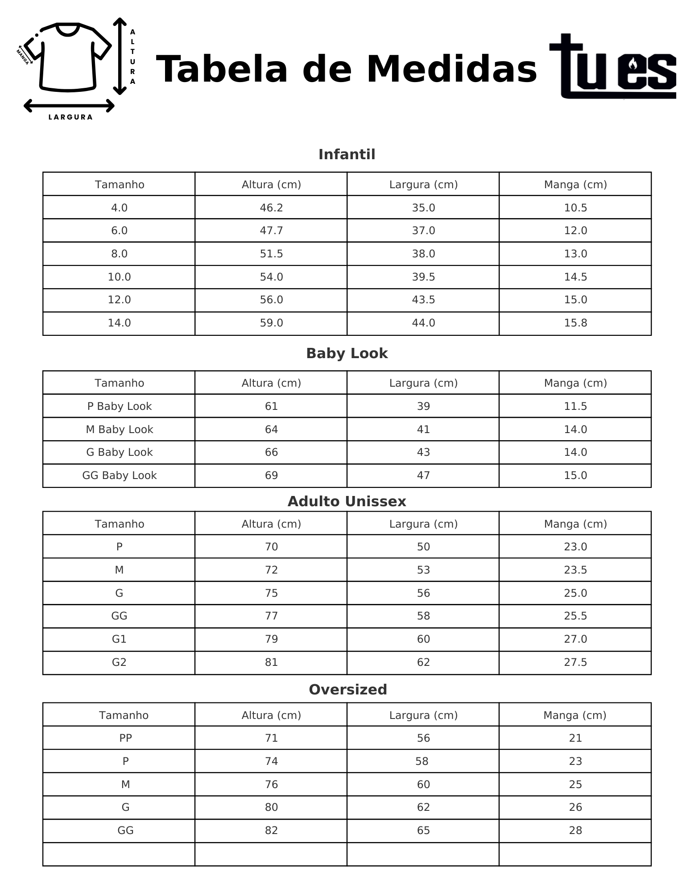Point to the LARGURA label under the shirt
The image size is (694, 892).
click(x=70, y=117)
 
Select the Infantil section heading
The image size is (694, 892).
click(x=347, y=155)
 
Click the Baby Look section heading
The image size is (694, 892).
click(x=347, y=353)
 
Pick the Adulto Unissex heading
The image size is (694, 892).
click(x=347, y=501)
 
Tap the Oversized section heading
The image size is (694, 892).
click(x=347, y=690)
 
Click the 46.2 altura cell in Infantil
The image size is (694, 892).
click(x=271, y=208)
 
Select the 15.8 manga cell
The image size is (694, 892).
click(x=575, y=323)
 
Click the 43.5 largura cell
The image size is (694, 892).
click(x=423, y=300)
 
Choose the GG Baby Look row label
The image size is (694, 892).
click(x=119, y=475)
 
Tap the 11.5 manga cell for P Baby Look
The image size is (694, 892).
click(x=575, y=406)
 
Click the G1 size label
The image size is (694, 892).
click(x=119, y=639)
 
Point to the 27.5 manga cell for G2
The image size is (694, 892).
click(x=575, y=662)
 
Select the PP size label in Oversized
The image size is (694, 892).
click(x=125, y=738)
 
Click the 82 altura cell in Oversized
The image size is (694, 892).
click(x=271, y=830)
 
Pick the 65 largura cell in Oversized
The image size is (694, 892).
click(x=423, y=830)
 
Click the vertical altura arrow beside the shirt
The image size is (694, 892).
click(x=120, y=56)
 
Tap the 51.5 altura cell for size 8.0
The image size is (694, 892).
click(x=271, y=254)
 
